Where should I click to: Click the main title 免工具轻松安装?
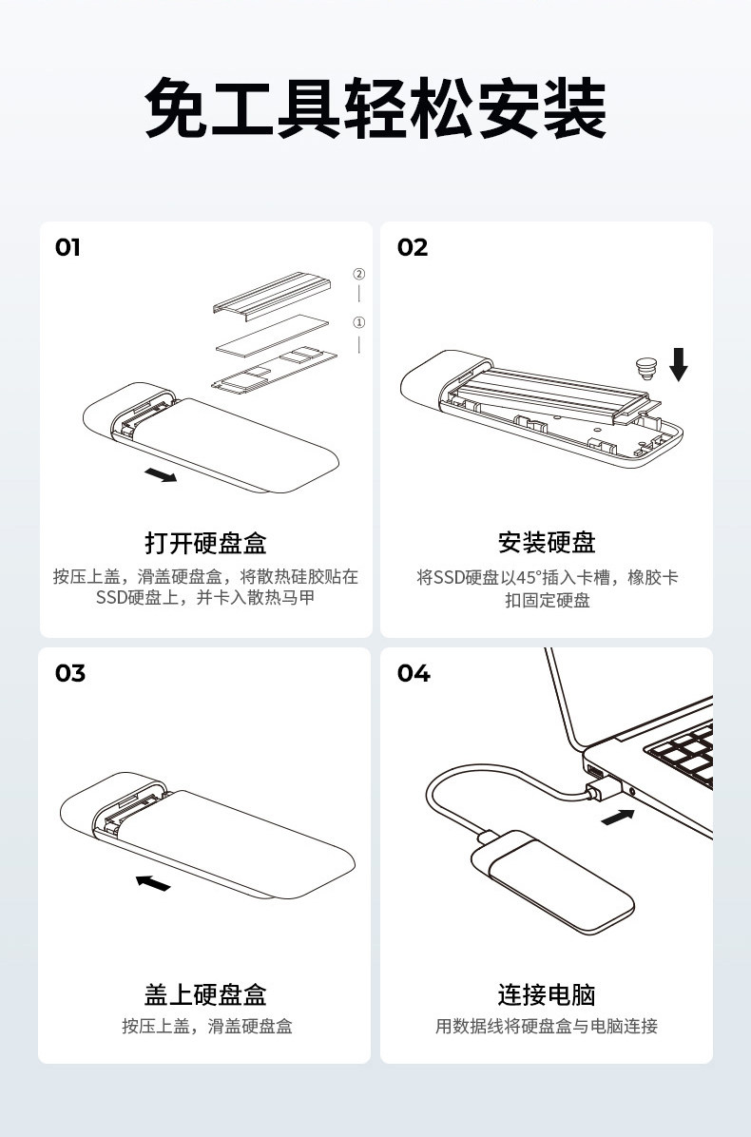(375, 108)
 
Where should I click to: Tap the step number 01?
(67, 247)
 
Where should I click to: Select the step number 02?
(413, 247)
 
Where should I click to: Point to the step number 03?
(70, 673)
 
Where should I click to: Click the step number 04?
(414, 673)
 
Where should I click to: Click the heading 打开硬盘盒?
(206, 543)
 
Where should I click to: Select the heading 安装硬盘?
(547, 543)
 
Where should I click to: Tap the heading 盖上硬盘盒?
(206, 994)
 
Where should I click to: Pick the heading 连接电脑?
(547, 994)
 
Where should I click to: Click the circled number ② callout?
(358, 274)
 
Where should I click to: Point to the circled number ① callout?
(358, 322)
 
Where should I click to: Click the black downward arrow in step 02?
(679, 364)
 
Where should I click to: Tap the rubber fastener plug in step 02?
(645, 368)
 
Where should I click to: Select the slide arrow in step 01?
(161, 475)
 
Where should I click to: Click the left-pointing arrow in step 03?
(153, 882)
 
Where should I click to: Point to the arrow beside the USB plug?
(618, 818)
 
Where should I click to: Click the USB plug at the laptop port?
(602, 787)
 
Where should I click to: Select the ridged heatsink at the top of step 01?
(272, 295)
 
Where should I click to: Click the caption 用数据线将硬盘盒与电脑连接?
(547, 1026)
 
